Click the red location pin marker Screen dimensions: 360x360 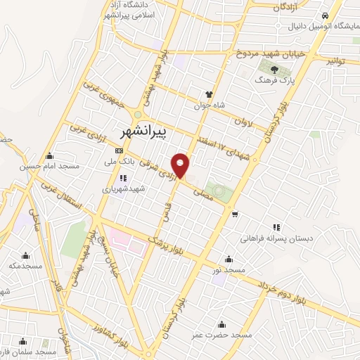coord(181,165)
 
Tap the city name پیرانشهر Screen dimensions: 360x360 coord(141,131)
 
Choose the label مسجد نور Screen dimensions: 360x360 coord(231,270)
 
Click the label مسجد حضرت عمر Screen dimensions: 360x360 coord(222,335)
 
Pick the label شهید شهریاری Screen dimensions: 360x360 coord(123,189)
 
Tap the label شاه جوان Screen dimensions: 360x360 coord(209,105)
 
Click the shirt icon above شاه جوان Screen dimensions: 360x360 coord(209,94)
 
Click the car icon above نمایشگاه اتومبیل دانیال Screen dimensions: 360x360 coord(324,16)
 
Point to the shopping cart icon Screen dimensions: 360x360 coord(234,214)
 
